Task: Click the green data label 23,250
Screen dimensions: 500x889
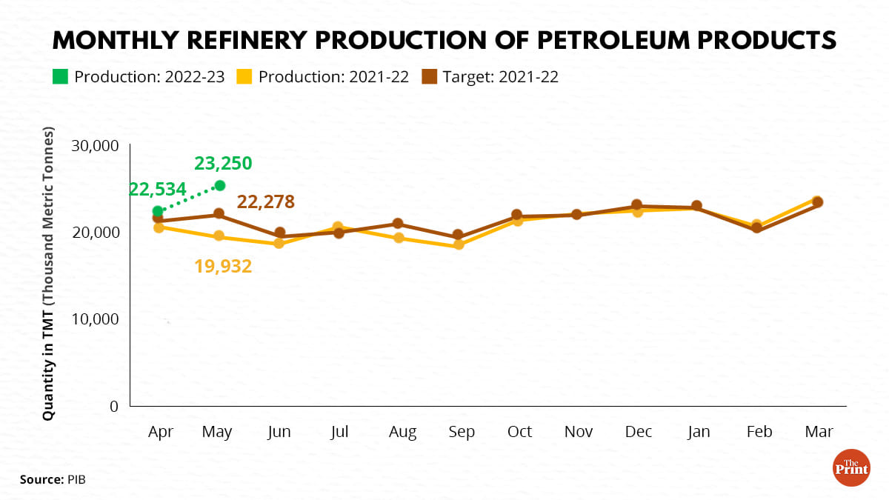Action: coord(223,163)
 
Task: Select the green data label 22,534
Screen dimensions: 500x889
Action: coord(158,190)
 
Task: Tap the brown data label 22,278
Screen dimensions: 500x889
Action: coord(266,201)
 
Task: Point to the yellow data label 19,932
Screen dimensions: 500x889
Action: coord(223,265)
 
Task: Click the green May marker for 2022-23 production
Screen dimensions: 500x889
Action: coord(219,185)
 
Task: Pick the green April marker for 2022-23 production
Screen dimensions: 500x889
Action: coord(158,211)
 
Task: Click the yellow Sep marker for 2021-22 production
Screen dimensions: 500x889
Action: coord(459,244)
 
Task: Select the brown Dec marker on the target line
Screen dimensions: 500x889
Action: coord(636,205)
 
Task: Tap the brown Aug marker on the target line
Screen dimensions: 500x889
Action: coord(398,224)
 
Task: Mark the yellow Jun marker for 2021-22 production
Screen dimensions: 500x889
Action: coord(279,243)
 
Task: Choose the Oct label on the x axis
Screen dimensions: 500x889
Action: coord(519,432)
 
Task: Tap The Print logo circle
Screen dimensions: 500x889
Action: coord(851,467)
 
